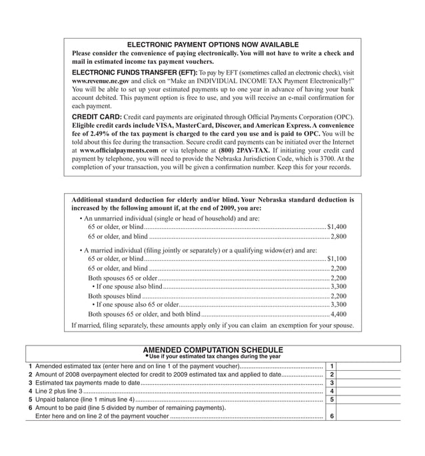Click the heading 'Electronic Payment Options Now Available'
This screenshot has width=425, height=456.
pos(212,45)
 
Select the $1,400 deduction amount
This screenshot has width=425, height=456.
pos(336,227)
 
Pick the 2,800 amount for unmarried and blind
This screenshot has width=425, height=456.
pos(338,236)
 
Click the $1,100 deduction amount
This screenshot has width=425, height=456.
pos(336,258)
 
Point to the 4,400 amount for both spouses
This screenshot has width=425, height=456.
pos(338,314)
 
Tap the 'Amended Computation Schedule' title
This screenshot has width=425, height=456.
pos(212,349)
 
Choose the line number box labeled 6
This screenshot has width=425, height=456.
pos(331,416)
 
